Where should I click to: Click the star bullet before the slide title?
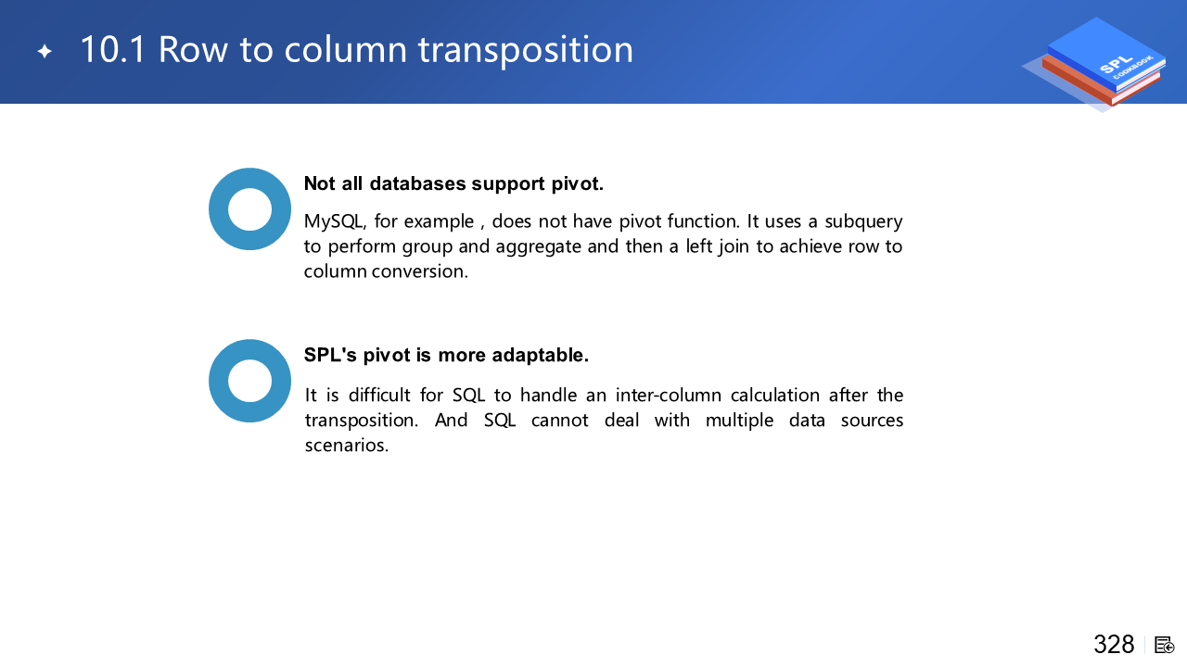[x=45, y=51]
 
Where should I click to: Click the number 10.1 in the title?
[x=112, y=49]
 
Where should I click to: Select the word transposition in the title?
[x=525, y=50]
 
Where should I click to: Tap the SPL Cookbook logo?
[x=1096, y=64]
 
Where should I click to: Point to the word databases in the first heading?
[x=417, y=183]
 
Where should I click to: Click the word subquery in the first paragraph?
[x=863, y=222]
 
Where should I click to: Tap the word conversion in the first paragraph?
[x=420, y=271]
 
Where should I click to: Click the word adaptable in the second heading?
[x=540, y=355]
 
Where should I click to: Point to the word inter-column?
[x=669, y=396]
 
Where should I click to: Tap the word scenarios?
[x=347, y=446]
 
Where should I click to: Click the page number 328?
[x=1114, y=644]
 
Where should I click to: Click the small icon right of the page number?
[x=1164, y=646]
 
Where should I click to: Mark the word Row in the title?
[x=192, y=49]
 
